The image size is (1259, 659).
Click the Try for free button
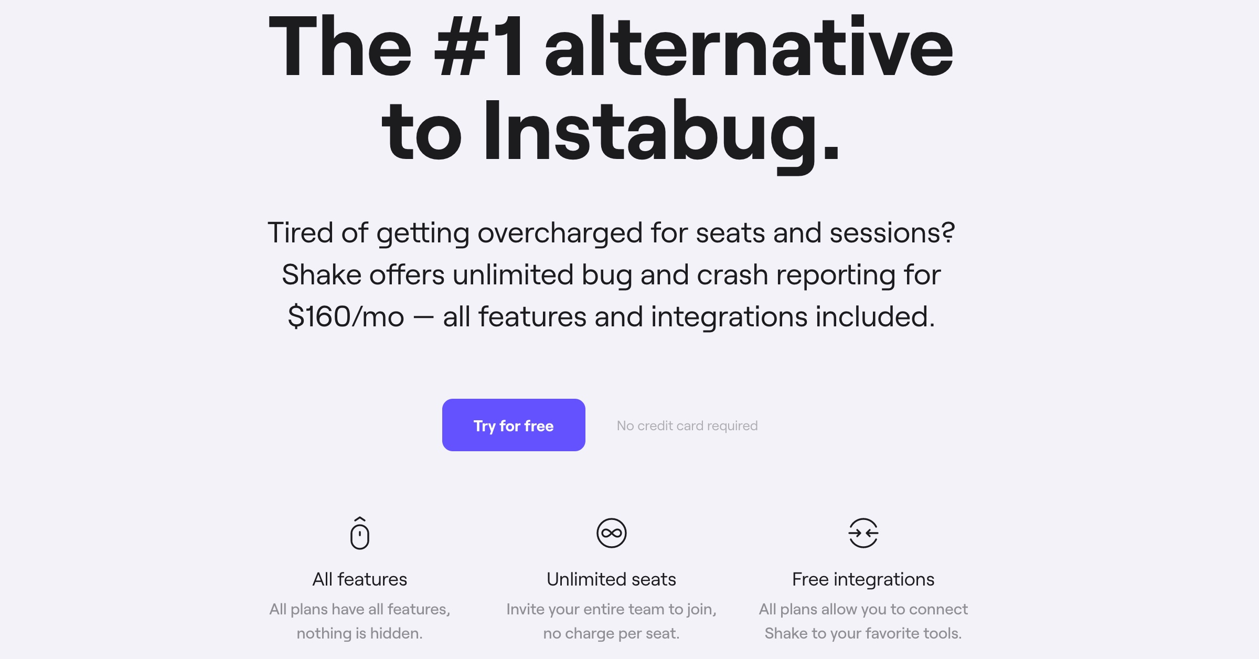tap(513, 425)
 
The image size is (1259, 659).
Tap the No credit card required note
tap(687, 426)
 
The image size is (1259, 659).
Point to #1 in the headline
tap(479, 47)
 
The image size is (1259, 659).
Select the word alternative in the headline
tap(749, 47)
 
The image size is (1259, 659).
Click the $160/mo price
tap(346, 316)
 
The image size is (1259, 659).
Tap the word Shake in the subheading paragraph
tap(321, 274)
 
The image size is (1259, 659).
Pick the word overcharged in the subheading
tap(560, 232)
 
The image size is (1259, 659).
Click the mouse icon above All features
tap(359, 534)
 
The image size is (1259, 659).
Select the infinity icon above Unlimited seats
tap(611, 533)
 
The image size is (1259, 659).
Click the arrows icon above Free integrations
tap(863, 533)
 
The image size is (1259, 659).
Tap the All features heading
tap(359, 579)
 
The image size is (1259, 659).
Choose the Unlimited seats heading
tap(611, 579)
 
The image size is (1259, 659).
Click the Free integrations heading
tap(863, 579)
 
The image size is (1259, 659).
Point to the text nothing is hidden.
tap(359, 633)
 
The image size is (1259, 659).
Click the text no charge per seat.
tap(611, 633)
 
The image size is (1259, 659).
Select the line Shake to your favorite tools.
tap(863, 633)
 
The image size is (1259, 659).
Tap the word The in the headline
tap(340, 47)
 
